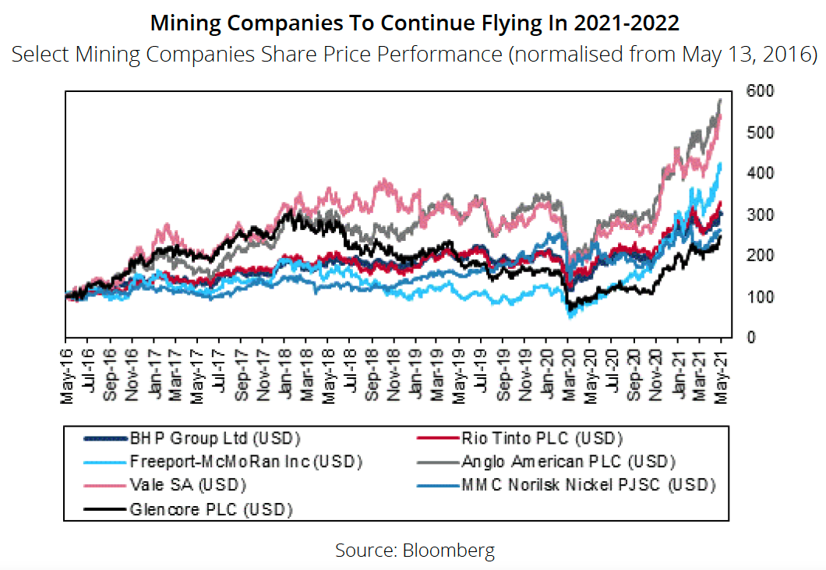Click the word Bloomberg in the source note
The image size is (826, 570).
tap(448, 551)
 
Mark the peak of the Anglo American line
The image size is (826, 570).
tap(720, 100)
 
